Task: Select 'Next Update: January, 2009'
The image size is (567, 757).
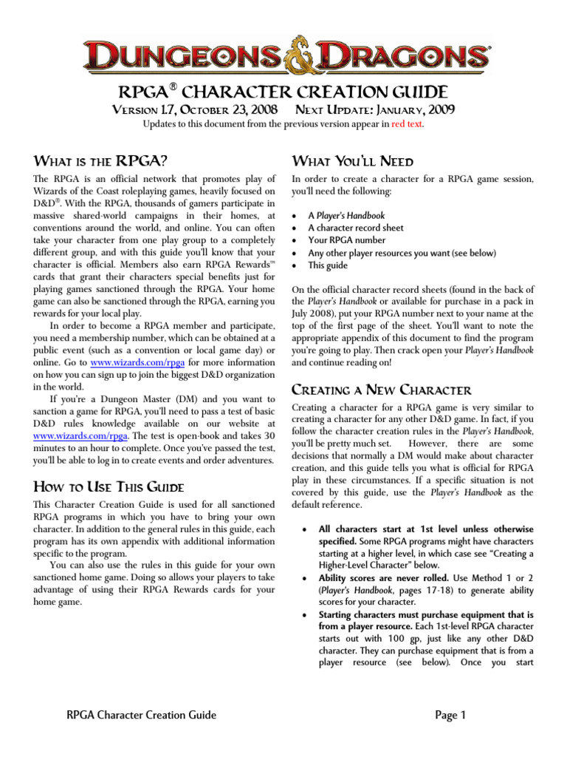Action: [x=374, y=110]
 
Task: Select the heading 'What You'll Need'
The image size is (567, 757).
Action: [x=353, y=161]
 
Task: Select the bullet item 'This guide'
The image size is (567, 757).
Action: [x=328, y=265]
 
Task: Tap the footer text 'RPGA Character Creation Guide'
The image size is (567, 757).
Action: [x=141, y=715]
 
